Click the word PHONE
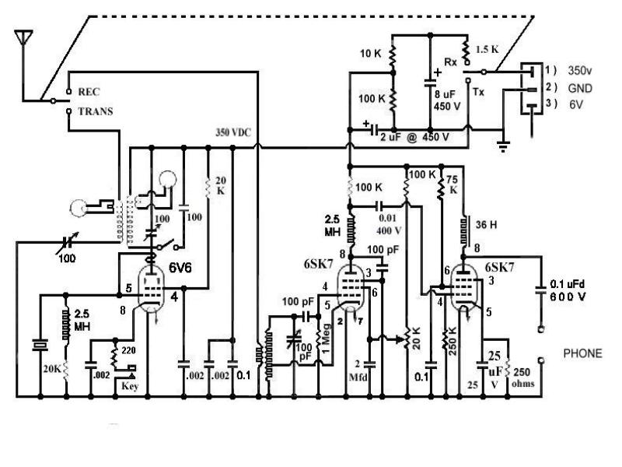point(582,353)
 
